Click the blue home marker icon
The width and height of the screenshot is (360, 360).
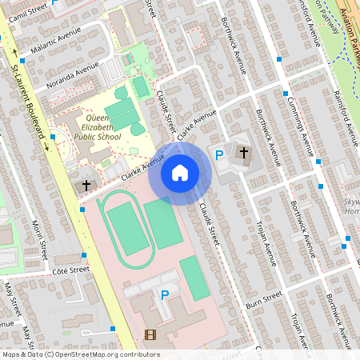tap(180, 172)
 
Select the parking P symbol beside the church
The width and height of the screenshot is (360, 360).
tap(218, 154)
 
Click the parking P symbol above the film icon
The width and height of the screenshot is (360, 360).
tap(165, 295)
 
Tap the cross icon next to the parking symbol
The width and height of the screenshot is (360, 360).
tap(243, 152)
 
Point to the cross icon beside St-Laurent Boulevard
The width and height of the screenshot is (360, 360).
tap(86, 185)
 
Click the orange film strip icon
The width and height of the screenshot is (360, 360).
tap(150, 334)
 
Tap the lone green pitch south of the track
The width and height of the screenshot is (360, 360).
tap(194, 278)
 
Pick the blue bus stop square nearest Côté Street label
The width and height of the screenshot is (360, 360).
tap(84, 256)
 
